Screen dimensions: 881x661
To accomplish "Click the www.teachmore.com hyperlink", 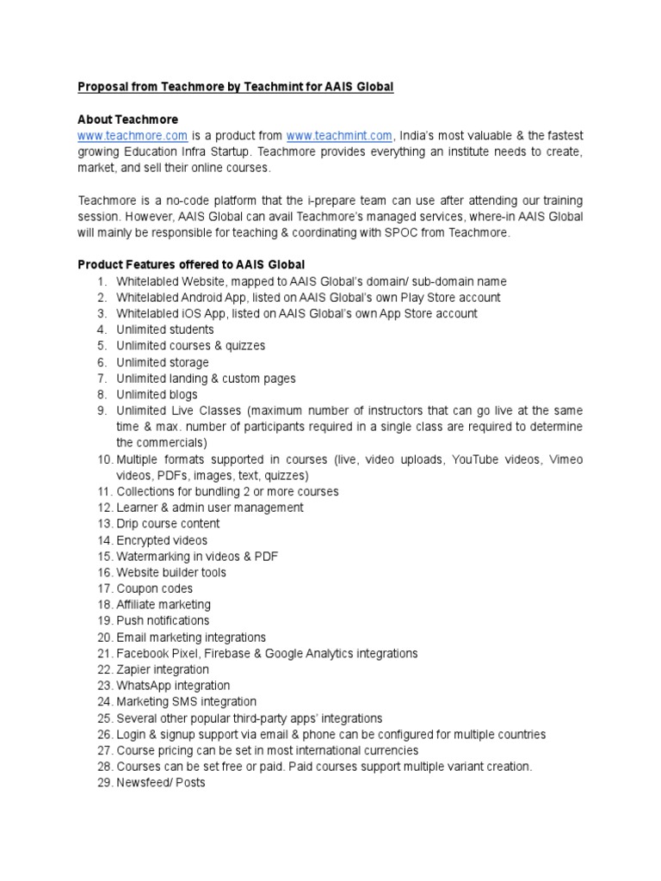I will pyautogui.click(x=133, y=135).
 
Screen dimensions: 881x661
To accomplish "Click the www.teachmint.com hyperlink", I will pyautogui.click(x=339, y=135).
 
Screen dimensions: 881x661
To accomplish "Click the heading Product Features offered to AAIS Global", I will pyautogui.click(x=191, y=264).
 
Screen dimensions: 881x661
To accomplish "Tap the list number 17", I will pyautogui.click(x=105, y=588).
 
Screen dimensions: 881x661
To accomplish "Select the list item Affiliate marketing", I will pyautogui.click(x=164, y=605).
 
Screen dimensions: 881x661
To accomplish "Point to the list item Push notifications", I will pyautogui.click(x=163, y=620).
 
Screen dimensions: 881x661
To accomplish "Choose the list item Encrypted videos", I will pyautogui.click(x=162, y=540).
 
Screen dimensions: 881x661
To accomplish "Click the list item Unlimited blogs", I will pyautogui.click(x=157, y=394).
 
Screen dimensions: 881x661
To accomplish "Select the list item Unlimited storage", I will pyautogui.click(x=163, y=362).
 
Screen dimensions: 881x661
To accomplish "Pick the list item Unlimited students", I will pyautogui.click(x=165, y=330).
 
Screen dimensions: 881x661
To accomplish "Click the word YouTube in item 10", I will pyautogui.click(x=473, y=459).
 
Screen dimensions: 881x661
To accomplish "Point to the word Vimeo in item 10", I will pyautogui.click(x=565, y=459).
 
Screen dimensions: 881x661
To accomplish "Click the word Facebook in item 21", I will pyautogui.click(x=144, y=653).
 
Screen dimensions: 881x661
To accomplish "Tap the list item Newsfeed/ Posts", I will pyautogui.click(x=161, y=783).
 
